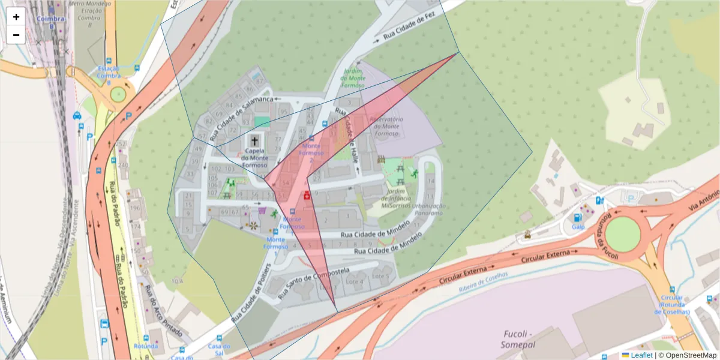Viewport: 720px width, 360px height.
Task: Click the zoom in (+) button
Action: [x=16, y=17]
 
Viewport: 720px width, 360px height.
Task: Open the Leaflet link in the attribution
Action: [x=641, y=355]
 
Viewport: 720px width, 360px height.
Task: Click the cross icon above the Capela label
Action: [x=254, y=141]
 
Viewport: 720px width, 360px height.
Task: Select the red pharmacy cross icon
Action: [x=307, y=195]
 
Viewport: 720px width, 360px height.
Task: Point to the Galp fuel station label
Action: [x=578, y=227]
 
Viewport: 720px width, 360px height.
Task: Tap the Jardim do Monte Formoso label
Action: [x=353, y=78]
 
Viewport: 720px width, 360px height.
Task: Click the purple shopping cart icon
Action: [x=262, y=211]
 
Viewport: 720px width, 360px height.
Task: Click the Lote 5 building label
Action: [x=380, y=276]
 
